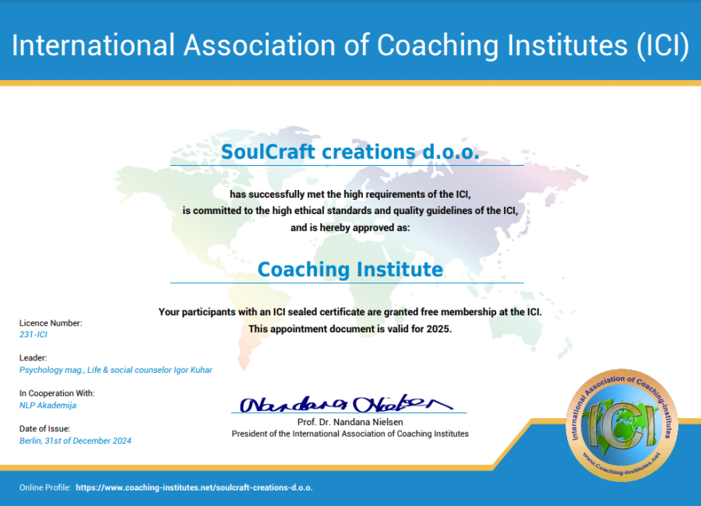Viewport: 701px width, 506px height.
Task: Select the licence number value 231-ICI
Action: (33, 335)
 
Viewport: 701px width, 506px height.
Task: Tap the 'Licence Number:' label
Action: (51, 323)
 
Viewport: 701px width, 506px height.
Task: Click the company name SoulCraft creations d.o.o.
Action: (350, 152)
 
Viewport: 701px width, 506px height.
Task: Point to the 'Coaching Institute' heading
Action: (350, 269)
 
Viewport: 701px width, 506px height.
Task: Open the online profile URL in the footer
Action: (194, 487)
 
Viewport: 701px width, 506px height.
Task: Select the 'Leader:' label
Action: (33, 358)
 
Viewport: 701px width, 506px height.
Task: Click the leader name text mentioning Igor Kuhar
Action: (116, 370)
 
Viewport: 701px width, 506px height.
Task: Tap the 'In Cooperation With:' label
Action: (57, 393)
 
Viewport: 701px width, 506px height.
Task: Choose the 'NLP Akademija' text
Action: (48, 405)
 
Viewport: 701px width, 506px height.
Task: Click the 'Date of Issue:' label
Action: (44, 428)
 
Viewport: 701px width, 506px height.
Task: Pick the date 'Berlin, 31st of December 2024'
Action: (76, 441)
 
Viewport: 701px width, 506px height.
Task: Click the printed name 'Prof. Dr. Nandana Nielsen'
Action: (350, 421)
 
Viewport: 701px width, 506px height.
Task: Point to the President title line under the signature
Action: (350, 434)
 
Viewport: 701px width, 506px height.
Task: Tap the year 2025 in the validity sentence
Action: (437, 329)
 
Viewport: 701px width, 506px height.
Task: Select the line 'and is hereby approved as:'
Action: (350, 228)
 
